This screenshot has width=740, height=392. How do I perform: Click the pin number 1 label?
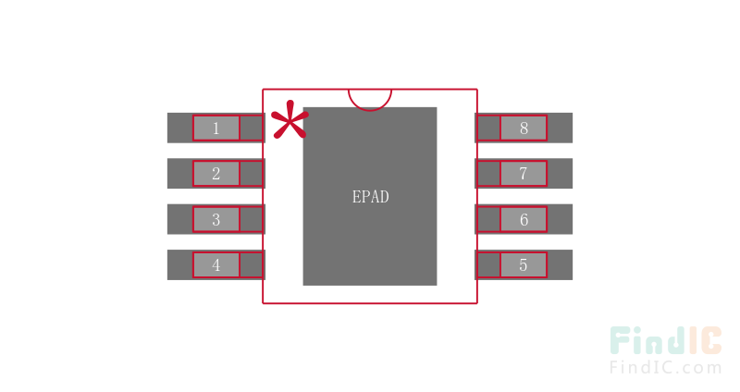(x=216, y=129)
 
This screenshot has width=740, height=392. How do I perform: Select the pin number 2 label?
(x=216, y=174)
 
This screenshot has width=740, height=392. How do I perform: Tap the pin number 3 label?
(x=216, y=219)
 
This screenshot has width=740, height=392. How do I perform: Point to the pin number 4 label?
(x=216, y=265)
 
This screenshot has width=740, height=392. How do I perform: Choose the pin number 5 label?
(x=524, y=265)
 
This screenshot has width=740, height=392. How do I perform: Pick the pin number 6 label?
(x=524, y=219)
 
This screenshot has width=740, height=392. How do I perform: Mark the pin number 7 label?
(x=524, y=174)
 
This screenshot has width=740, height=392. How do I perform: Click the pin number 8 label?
(x=524, y=129)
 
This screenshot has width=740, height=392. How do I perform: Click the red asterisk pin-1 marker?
(x=290, y=120)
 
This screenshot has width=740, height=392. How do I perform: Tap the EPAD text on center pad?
(x=371, y=197)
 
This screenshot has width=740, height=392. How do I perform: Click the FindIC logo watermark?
(x=666, y=340)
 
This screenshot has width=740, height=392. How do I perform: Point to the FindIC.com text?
(x=666, y=367)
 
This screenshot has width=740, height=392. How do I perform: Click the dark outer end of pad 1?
(x=179, y=128)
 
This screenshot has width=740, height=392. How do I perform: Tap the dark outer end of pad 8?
(x=561, y=128)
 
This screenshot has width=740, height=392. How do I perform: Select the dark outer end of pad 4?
(x=179, y=265)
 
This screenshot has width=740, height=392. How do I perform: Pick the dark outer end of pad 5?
(x=561, y=265)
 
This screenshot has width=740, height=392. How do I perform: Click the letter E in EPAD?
(x=356, y=197)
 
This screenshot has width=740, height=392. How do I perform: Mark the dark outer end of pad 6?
(x=561, y=219)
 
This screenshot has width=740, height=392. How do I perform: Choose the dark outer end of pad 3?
(x=179, y=219)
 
